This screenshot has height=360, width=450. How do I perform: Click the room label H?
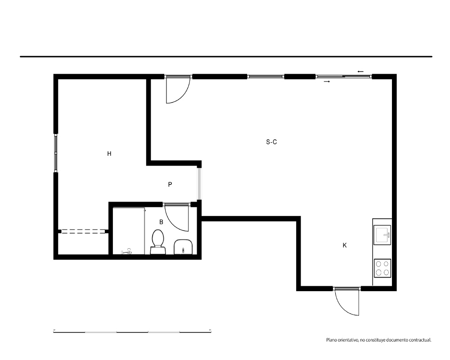109,153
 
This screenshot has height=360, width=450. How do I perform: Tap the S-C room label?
271,142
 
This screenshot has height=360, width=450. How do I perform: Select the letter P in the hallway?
170,184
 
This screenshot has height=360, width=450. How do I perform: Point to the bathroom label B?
161,222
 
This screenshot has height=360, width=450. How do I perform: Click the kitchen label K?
345,245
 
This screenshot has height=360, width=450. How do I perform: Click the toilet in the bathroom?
157,242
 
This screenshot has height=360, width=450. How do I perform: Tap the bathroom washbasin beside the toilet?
183,247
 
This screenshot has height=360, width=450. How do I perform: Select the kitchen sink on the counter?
382,235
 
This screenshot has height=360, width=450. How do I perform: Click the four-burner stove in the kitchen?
382,268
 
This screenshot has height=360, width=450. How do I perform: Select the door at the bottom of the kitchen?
346,301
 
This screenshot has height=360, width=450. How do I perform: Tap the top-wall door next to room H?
178,90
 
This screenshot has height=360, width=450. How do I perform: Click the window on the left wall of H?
56,153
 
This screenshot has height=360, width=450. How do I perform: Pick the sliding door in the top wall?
343,76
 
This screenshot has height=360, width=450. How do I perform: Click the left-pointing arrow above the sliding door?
360,72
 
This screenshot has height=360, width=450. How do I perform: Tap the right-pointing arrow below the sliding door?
327,81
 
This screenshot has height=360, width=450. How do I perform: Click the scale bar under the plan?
132,332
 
